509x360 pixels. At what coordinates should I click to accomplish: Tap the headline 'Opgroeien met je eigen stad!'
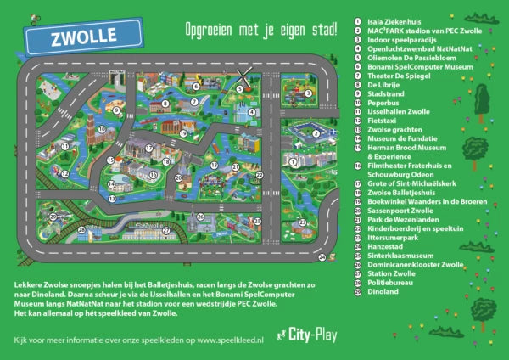(x=260, y=31)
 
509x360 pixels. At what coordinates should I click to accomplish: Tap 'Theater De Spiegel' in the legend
(x=399, y=75)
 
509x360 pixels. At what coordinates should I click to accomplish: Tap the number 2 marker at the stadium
(x=316, y=132)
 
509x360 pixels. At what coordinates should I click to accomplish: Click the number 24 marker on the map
(x=322, y=256)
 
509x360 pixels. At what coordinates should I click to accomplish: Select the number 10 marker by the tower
(x=101, y=130)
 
